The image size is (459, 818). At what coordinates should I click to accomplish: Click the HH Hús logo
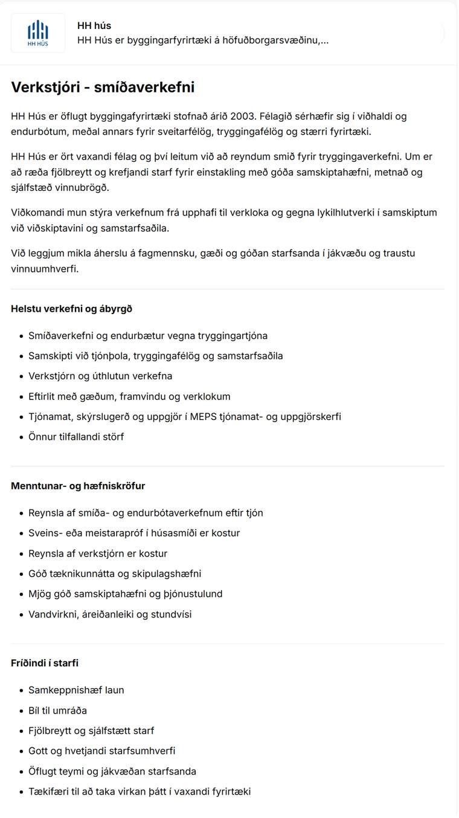pos(38,33)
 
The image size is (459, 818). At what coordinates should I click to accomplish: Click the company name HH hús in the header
pos(94,26)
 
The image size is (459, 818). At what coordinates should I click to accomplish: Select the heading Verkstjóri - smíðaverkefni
pos(103,88)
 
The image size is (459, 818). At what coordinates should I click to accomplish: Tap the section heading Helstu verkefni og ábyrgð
pos(71,309)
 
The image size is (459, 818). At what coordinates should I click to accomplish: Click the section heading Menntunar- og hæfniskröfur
pos(78,486)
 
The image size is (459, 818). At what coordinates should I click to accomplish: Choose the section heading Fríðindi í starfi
pos(45,663)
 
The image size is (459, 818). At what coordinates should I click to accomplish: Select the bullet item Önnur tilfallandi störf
pos(76,436)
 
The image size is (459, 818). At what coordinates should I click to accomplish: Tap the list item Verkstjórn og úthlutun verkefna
pos(100,376)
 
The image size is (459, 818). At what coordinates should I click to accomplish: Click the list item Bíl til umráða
pos(57,710)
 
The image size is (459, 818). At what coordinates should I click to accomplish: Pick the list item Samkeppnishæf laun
pos(76,690)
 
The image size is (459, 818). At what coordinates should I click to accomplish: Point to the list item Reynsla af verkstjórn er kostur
pos(98,553)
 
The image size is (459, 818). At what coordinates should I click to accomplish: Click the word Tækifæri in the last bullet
pos(49,791)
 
